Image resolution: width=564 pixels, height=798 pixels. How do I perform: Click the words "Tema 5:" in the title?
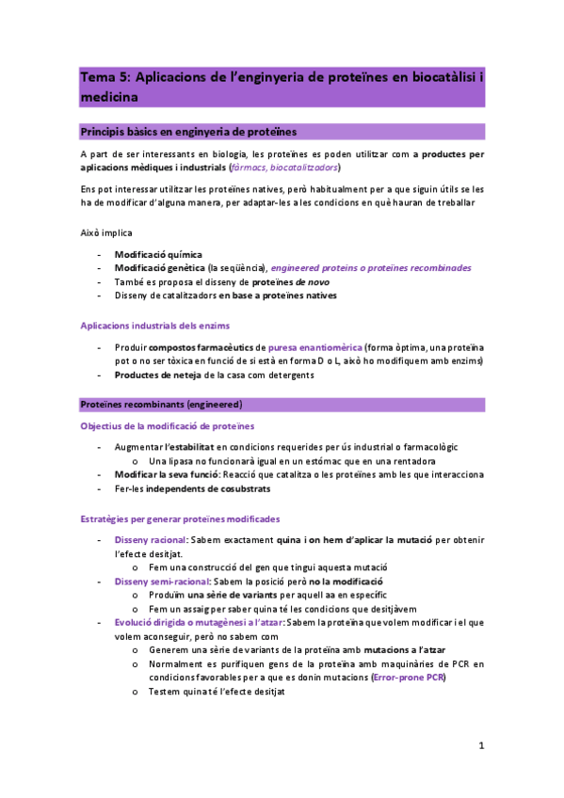pyautogui.click(x=105, y=77)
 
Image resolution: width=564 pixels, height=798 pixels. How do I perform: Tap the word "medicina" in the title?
pyautogui.click(x=109, y=96)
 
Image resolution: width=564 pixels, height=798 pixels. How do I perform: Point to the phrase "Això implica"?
pyautogui.click(x=106, y=232)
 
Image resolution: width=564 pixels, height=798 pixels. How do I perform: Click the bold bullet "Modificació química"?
pyautogui.click(x=158, y=254)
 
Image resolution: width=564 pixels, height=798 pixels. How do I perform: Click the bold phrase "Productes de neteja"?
pyautogui.click(x=157, y=375)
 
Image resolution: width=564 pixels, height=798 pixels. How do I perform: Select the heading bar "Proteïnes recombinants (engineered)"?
pyautogui.click(x=162, y=405)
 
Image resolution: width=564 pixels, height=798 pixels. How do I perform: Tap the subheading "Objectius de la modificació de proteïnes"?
pyautogui.click(x=167, y=426)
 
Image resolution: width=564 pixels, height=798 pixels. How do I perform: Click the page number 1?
pyautogui.click(x=480, y=745)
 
